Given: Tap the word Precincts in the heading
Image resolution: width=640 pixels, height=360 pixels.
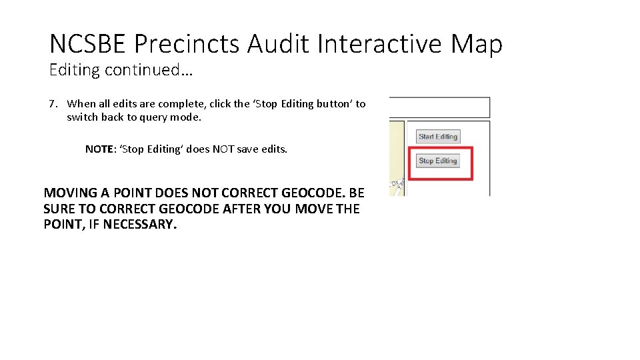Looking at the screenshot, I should click(187, 45).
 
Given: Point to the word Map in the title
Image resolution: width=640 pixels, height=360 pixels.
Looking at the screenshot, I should click(476, 45).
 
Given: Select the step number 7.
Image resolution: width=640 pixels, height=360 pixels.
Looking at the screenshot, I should click(53, 104).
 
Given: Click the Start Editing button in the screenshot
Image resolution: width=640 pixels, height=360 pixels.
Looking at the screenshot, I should click(438, 137).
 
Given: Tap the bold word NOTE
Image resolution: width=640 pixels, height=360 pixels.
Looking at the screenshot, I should click(99, 149).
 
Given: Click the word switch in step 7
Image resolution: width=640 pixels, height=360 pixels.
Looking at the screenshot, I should click(82, 117).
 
